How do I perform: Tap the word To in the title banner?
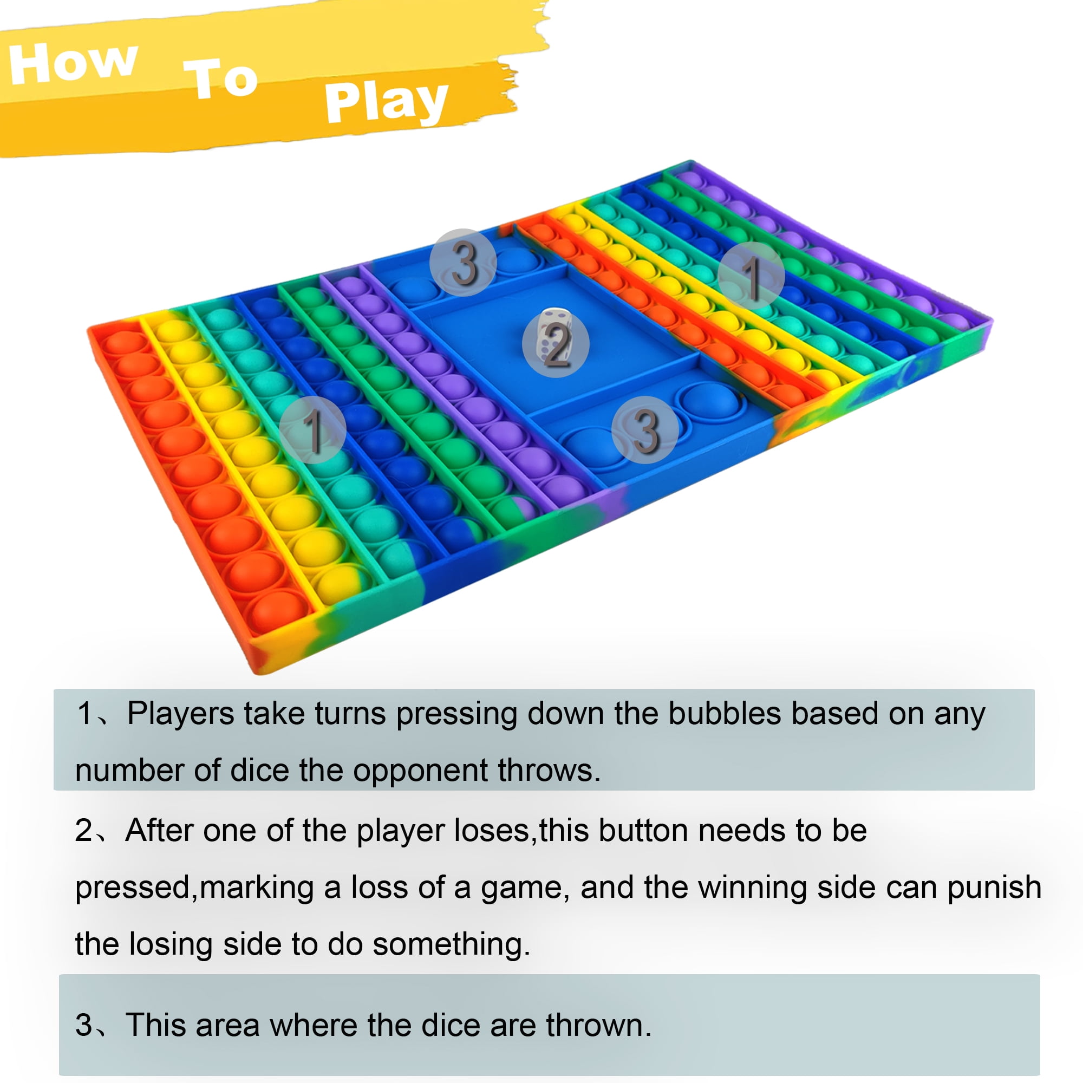click(x=220, y=79)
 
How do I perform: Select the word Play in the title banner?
click(x=386, y=101)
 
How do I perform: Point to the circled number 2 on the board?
click(x=555, y=344)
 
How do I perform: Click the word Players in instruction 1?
click(x=180, y=714)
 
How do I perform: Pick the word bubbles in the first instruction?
click(x=725, y=714)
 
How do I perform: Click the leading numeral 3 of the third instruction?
click(x=83, y=1025)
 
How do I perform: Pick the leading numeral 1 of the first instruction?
click(x=84, y=714)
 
